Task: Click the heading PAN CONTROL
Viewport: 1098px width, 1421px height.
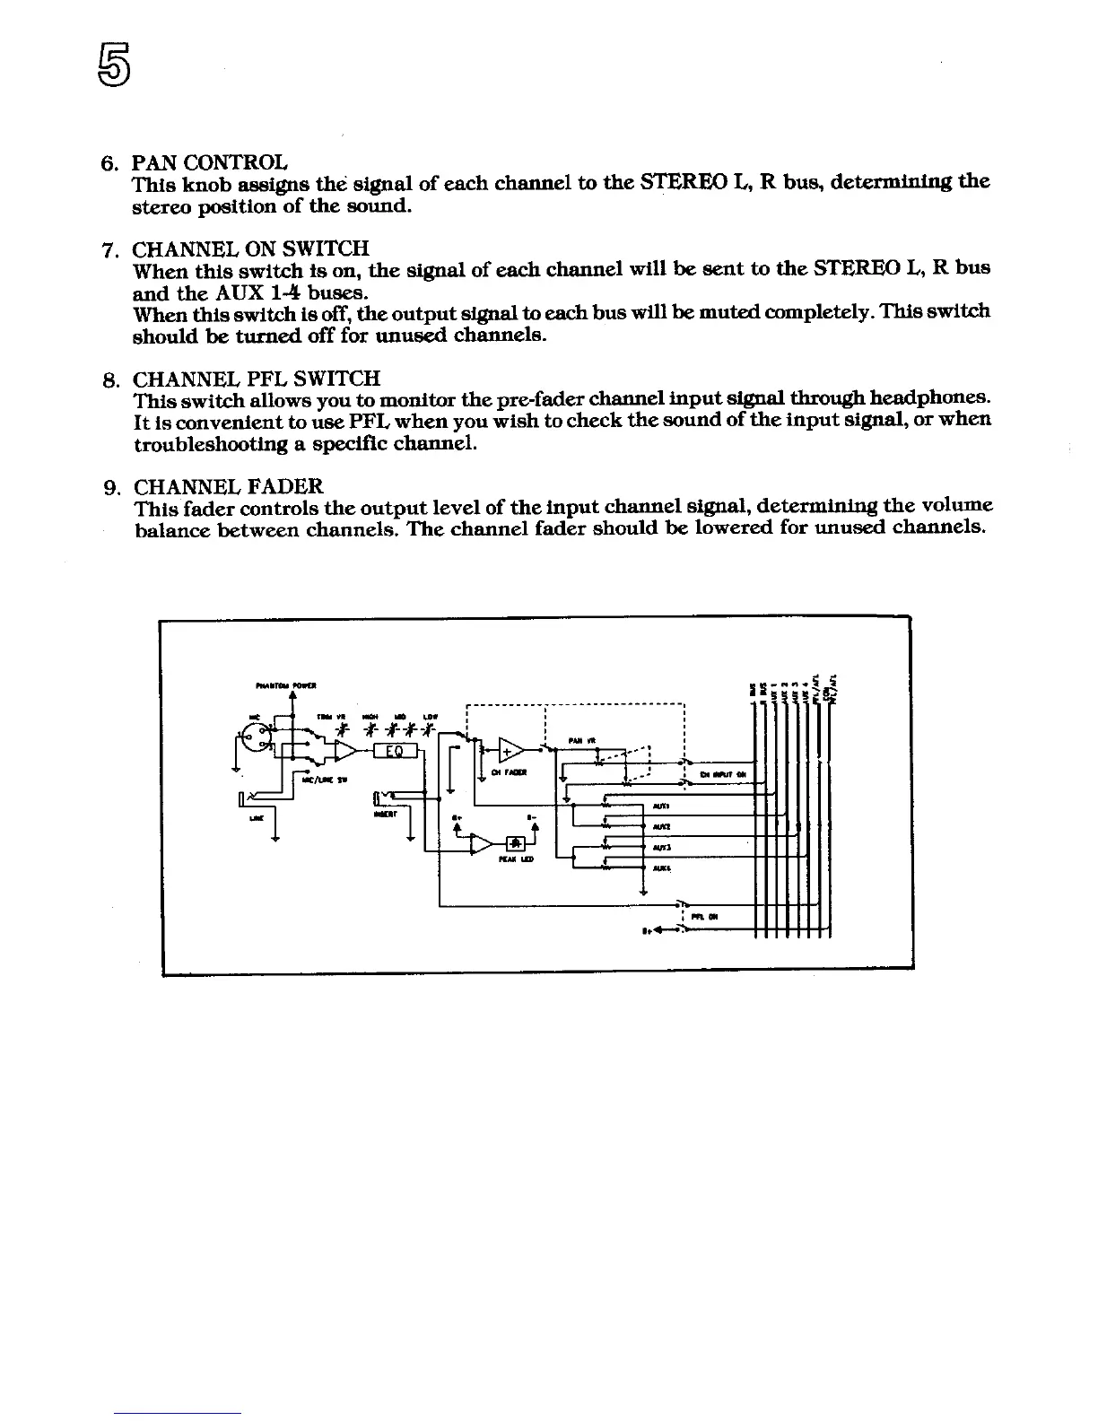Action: pyautogui.click(x=210, y=163)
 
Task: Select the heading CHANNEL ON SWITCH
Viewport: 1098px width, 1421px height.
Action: pyautogui.click(x=251, y=248)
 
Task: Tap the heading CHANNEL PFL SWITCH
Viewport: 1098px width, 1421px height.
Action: pyautogui.click(x=257, y=379)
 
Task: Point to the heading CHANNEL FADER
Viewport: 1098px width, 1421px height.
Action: pyautogui.click(x=228, y=487)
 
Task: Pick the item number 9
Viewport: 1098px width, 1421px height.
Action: pyautogui.click(x=112, y=488)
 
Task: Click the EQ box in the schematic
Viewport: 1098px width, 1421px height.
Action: pyautogui.click(x=392, y=751)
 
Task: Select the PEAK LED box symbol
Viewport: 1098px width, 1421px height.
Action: pyautogui.click(x=517, y=842)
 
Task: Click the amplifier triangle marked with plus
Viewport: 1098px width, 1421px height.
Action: pyautogui.click(x=511, y=749)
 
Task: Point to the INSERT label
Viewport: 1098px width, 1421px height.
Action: pyautogui.click(x=381, y=815)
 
